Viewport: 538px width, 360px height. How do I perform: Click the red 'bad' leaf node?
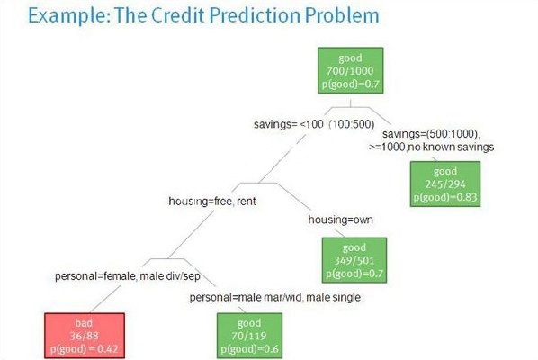tap(85, 336)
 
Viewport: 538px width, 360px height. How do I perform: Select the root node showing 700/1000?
tap(350, 70)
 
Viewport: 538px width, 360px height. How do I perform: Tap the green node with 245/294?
tap(445, 184)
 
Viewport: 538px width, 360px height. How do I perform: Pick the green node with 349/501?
tap(354, 260)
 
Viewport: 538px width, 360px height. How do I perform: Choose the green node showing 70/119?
tap(249, 336)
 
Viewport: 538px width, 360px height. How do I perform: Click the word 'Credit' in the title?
tap(178, 15)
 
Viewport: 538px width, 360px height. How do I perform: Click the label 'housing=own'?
tap(340, 220)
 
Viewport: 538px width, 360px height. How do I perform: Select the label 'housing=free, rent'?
tap(212, 201)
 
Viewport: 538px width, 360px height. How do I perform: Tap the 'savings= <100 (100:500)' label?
tap(314, 124)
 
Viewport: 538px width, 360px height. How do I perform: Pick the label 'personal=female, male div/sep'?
tap(128, 276)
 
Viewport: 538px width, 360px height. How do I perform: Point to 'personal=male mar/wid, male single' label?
tap(275, 297)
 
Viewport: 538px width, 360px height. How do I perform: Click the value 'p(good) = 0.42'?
tap(85, 349)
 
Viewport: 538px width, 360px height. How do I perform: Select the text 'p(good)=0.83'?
tap(445, 198)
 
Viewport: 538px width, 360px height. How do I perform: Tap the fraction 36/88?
tap(85, 336)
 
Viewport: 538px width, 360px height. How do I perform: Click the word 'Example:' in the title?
tap(69, 16)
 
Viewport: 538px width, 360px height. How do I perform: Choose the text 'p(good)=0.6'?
tap(249, 349)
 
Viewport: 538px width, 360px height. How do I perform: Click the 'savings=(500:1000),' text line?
tap(431, 134)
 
